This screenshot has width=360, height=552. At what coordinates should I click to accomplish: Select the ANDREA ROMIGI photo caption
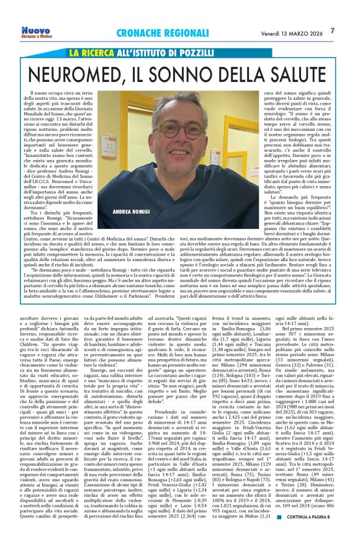(x=132, y=211)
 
